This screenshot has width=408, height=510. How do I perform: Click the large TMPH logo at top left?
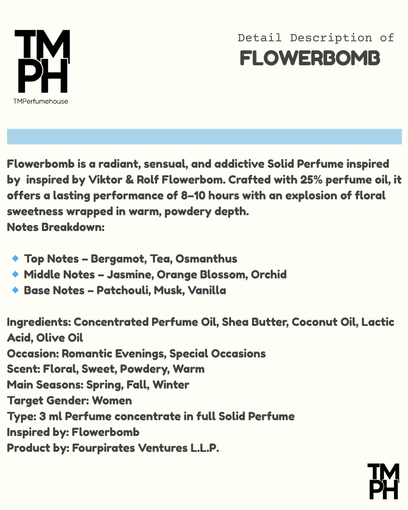(42, 61)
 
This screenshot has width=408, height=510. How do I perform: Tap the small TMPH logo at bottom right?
(383, 481)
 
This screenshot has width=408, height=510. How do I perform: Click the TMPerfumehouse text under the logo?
(41, 101)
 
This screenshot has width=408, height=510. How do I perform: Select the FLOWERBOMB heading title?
(310, 59)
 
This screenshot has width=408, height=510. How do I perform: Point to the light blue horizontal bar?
(204, 137)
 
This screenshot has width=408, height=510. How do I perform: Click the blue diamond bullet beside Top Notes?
(15, 259)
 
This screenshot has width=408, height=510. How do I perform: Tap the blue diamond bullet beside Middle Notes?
(15, 274)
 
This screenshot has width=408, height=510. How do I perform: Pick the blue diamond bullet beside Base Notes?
(15, 290)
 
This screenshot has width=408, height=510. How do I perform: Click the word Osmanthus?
(207, 259)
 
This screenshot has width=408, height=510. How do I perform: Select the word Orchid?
(270, 275)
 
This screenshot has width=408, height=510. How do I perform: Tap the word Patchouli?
(120, 291)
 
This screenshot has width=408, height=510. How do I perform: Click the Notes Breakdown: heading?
(56, 227)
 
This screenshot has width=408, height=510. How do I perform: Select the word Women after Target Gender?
(112, 401)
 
